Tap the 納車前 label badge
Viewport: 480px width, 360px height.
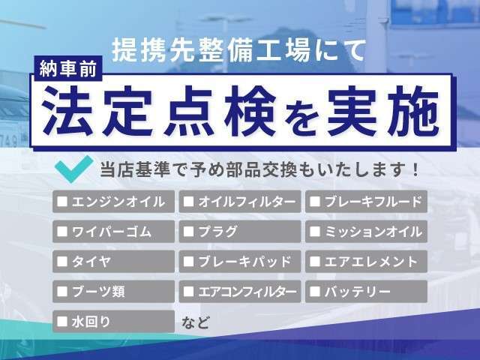tap(68, 69)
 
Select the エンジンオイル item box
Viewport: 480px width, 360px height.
tap(113, 202)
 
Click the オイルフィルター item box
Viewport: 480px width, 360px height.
tap(240, 202)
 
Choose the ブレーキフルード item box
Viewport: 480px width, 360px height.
tap(366, 202)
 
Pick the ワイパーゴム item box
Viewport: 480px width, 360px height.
tap(113, 232)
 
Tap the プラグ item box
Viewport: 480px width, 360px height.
tap(240, 232)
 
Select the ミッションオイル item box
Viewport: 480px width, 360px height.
tap(366, 232)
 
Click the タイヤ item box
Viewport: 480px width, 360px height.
tap(113, 262)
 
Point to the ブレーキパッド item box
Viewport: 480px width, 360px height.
tap(240, 262)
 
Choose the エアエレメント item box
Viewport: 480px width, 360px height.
tap(366, 262)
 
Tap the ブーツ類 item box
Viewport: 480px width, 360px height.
tap(113, 292)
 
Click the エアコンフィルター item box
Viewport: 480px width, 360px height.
tap(240, 292)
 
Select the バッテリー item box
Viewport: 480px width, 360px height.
tap(366, 292)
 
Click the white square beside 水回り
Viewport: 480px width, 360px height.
tap(62, 321)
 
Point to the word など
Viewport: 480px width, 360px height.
tap(196, 322)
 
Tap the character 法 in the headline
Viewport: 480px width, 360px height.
tap(67, 110)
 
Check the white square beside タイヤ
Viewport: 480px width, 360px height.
tap(62, 261)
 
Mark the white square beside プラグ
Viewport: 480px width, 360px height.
tap(188, 231)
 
